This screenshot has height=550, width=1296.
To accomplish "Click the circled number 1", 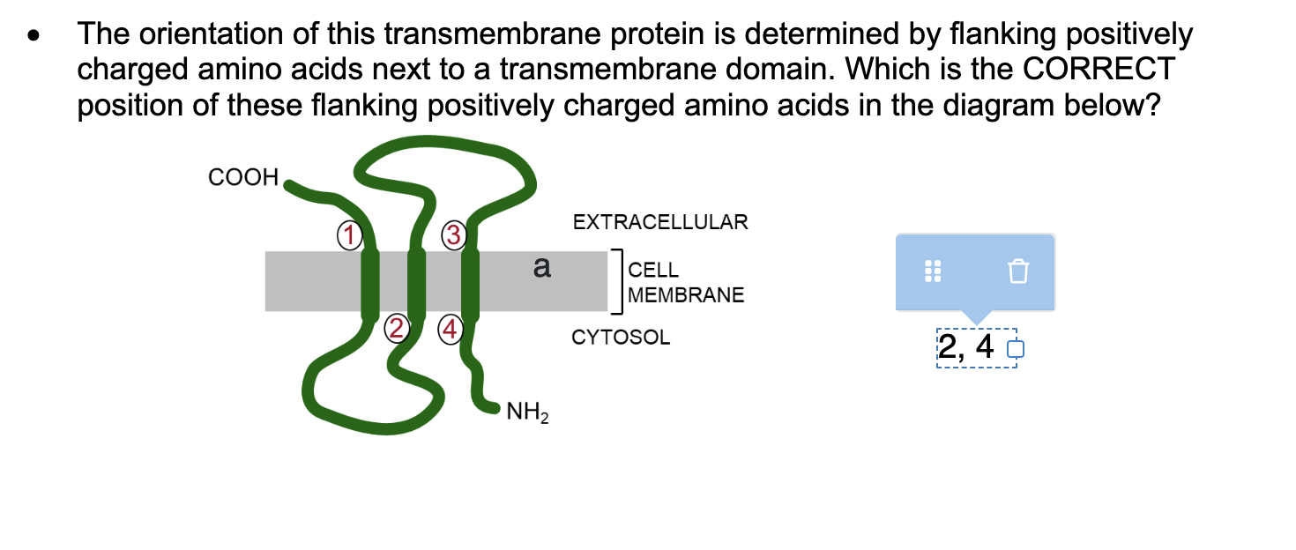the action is (350, 234).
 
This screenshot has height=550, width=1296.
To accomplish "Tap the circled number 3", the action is (453, 234).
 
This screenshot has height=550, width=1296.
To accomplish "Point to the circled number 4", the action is (451, 330).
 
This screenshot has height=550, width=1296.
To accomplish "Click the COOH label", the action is (243, 177).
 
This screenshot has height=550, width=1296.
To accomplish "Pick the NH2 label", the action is (527, 412).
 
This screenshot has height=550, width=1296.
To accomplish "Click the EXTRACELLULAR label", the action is (660, 222).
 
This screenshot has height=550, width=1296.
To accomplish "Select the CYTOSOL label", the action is (621, 338).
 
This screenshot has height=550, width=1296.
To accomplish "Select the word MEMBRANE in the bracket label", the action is (687, 295).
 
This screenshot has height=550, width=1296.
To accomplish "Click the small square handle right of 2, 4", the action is (1016, 350).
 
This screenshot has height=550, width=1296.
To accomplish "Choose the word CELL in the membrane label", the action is (653, 271).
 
